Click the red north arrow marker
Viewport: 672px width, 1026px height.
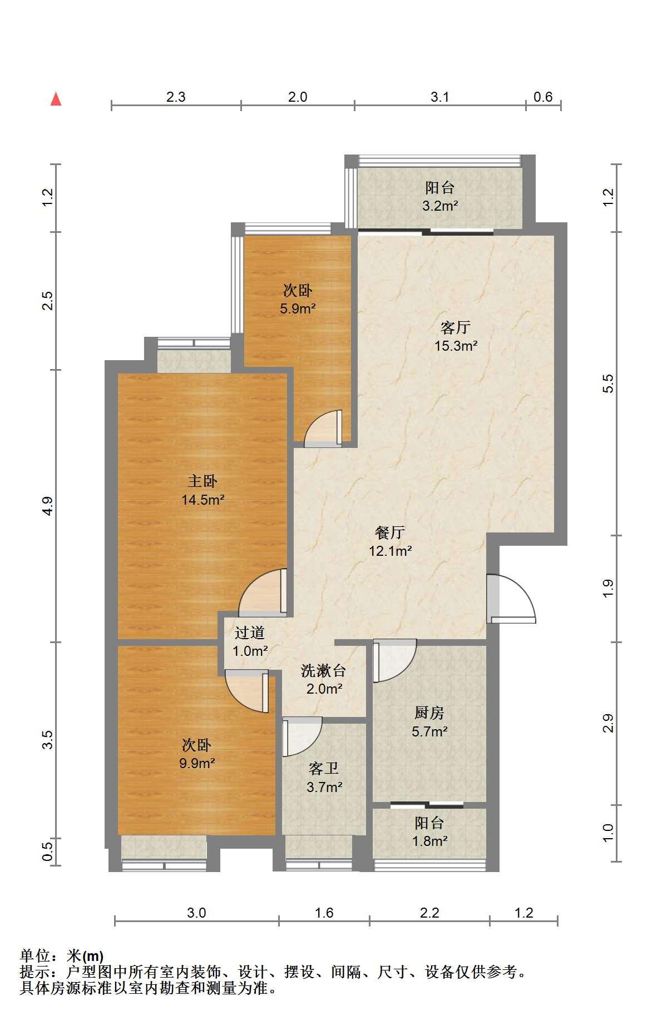coord(56,99)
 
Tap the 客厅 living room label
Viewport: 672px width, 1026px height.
coord(455,327)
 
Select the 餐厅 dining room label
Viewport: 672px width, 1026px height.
coord(390,532)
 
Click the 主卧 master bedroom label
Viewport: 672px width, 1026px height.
coord(202,481)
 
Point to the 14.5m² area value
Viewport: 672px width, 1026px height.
coord(202,500)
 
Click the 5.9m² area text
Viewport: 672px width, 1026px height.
coord(298,308)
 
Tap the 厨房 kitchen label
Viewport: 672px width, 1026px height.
coord(429,713)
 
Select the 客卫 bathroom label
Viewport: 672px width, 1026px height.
coord(324,769)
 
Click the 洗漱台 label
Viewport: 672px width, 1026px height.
coord(324,670)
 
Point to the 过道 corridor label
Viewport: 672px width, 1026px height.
coord(249,632)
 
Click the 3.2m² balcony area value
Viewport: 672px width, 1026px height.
coord(439,206)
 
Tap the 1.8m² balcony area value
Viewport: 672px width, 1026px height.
coord(429,841)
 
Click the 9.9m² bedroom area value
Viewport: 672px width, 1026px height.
coord(197,763)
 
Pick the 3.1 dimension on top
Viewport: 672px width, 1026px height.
coord(439,97)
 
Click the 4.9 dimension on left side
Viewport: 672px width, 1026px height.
coord(48,506)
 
